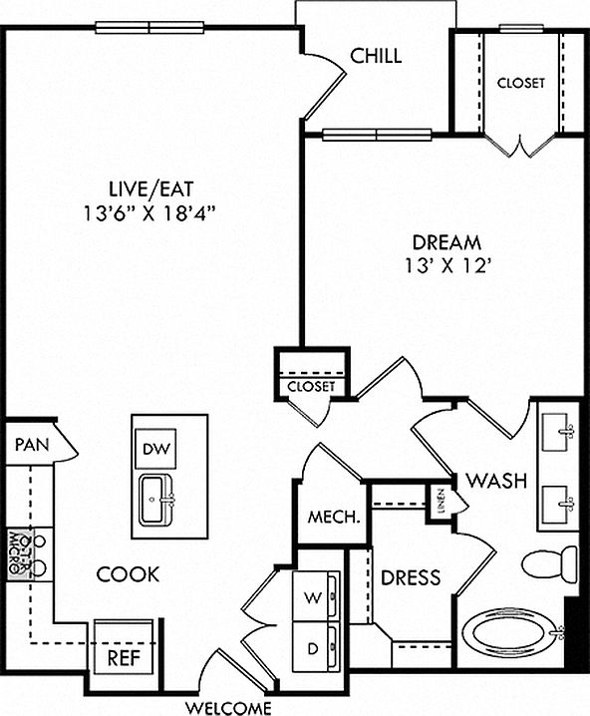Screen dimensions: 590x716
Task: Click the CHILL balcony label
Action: pos(376,56)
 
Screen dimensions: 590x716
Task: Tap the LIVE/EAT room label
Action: pos(151,189)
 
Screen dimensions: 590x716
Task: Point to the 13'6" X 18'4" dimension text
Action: pos(149,213)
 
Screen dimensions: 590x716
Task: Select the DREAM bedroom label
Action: pos(446,242)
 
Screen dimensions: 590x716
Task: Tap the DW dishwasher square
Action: pos(156,449)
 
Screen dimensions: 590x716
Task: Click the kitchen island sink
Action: pos(156,500)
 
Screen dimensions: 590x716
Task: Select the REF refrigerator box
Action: pos(124,646)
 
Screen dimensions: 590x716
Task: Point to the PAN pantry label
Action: pos(32,445)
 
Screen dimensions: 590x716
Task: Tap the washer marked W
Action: pos(316,595)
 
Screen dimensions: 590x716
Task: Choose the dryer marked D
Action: pos(316,646)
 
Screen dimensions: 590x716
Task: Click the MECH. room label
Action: pos(334,517)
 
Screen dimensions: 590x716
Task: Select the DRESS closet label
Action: pos(411,577)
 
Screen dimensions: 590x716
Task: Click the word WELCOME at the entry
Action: pos(227,708)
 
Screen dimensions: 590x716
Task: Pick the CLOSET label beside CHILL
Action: pos(520,83)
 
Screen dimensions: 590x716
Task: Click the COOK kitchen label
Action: pos(129,574)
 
